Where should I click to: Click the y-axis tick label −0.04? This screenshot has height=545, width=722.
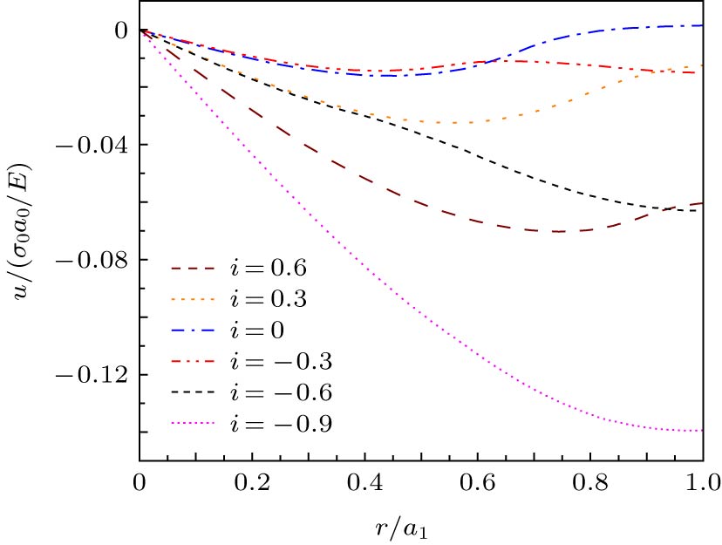pos(92,145)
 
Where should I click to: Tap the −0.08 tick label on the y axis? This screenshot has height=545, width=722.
pos(92,260)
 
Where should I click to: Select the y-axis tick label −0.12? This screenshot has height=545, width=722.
pos(92,375)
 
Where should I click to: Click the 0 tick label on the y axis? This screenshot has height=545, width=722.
pos(121,30)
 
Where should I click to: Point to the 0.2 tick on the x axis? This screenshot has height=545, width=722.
pos(251,481)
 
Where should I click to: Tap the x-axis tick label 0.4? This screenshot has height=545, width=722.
pos(364,481)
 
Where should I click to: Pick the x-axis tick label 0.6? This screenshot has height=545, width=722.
pos(477,481)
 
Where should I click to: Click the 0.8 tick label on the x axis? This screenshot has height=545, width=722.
pos(590,481)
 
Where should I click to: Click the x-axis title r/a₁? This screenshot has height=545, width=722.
pos(421,527)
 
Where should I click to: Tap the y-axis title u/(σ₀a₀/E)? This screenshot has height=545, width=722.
pos(24,230)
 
